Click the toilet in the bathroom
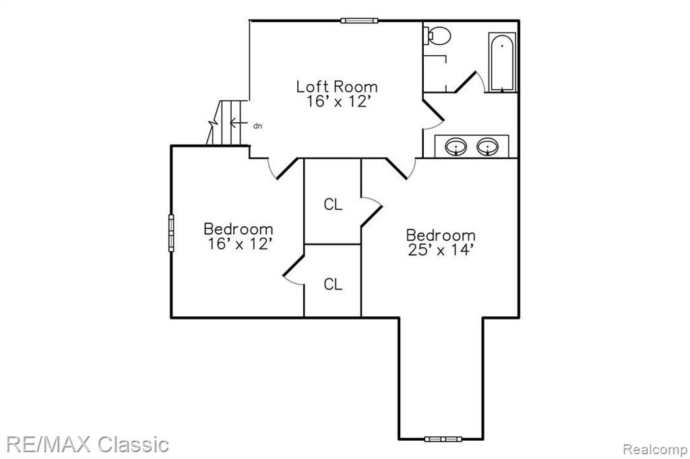(x=437, y=36)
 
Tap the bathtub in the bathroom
(x=502, y=63)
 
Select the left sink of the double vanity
(x=456, y=147)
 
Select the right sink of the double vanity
(x=488, y=147)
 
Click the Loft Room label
(x=337, y=87)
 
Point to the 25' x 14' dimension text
(x=441, y=250)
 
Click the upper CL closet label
(x=333, y=205)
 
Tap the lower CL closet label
(x=333, y=285)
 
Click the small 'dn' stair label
(x=258, y=126)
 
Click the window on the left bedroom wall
(x=171, y=233)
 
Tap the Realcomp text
(x=655, y=449)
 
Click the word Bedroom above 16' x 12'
(x=239, y=229)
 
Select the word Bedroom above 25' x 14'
(x=441, y=235)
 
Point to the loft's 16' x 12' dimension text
(x=337, y=102)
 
